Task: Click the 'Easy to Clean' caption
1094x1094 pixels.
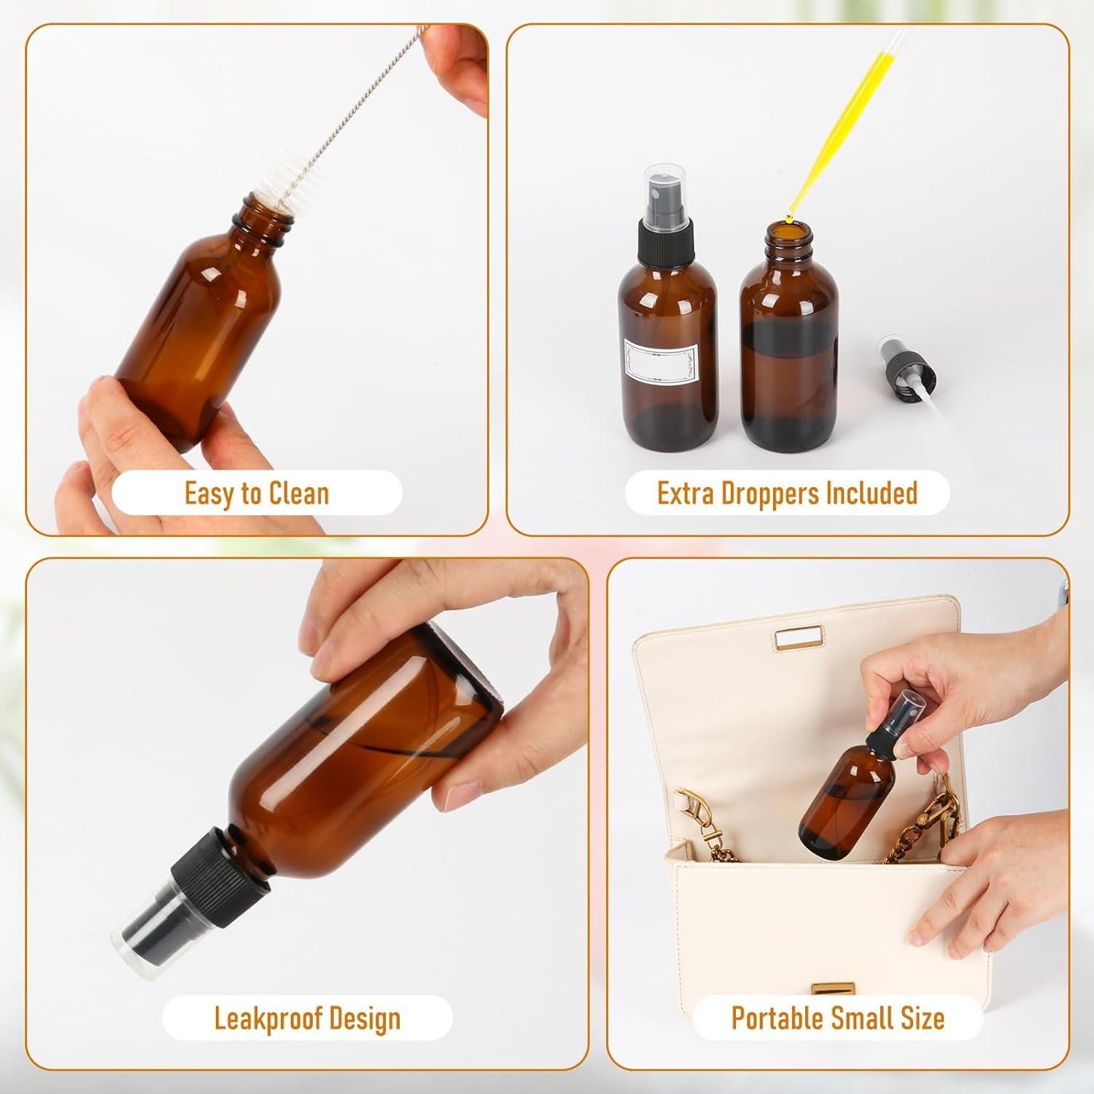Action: tap(257, 494)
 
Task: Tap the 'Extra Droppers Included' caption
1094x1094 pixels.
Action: tap(787, 494)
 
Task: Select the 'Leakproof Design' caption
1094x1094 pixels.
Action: tap(307, 1018)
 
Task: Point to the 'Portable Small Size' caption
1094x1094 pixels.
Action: tap(838, 1018)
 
